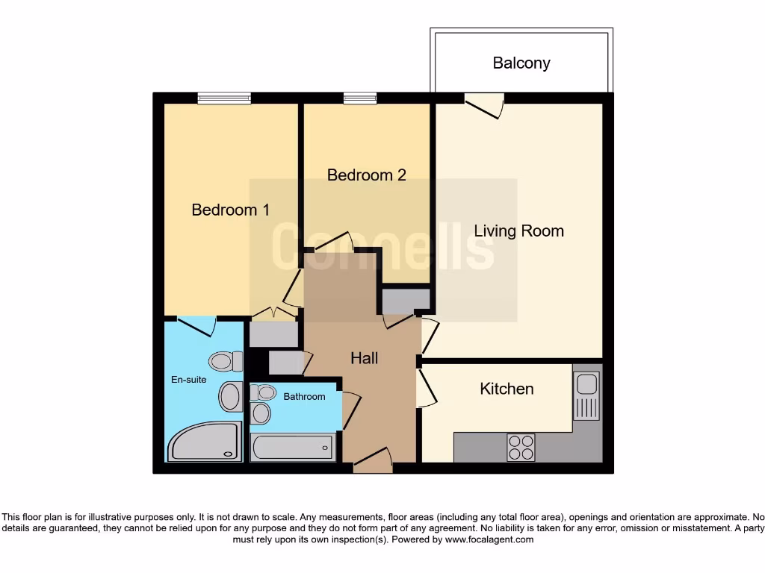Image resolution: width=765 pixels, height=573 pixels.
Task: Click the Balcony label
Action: click(x=521, y=63)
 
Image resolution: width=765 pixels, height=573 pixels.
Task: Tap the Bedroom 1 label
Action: click(x=230, y=210)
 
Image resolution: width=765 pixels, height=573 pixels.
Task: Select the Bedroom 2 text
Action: click(x=366, y=175)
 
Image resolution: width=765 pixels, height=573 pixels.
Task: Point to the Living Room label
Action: click(x=518, y=231)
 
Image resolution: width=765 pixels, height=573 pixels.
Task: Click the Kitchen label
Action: click(x=507, y=389)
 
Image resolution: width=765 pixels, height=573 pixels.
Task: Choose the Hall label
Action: click(x=364, y=358)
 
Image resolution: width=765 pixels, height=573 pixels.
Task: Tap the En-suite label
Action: click(x=188, y=380)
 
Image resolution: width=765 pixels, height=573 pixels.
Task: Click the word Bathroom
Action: click(x=304, y=397)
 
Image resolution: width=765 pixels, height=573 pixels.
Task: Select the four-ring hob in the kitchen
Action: click(x=521, y=446)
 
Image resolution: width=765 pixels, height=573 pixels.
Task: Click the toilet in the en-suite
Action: click(x=225, y=362)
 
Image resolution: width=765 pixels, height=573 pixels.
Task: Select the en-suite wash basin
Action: click(x=230, y=396)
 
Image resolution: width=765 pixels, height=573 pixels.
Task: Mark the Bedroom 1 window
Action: click(x=224, y=98)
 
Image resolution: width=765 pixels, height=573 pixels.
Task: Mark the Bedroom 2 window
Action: click(x=359, y=98)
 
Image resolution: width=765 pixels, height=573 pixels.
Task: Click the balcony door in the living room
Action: click(x=484, y=104)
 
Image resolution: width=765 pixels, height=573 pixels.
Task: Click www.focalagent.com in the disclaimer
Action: click(x=489, y=539)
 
